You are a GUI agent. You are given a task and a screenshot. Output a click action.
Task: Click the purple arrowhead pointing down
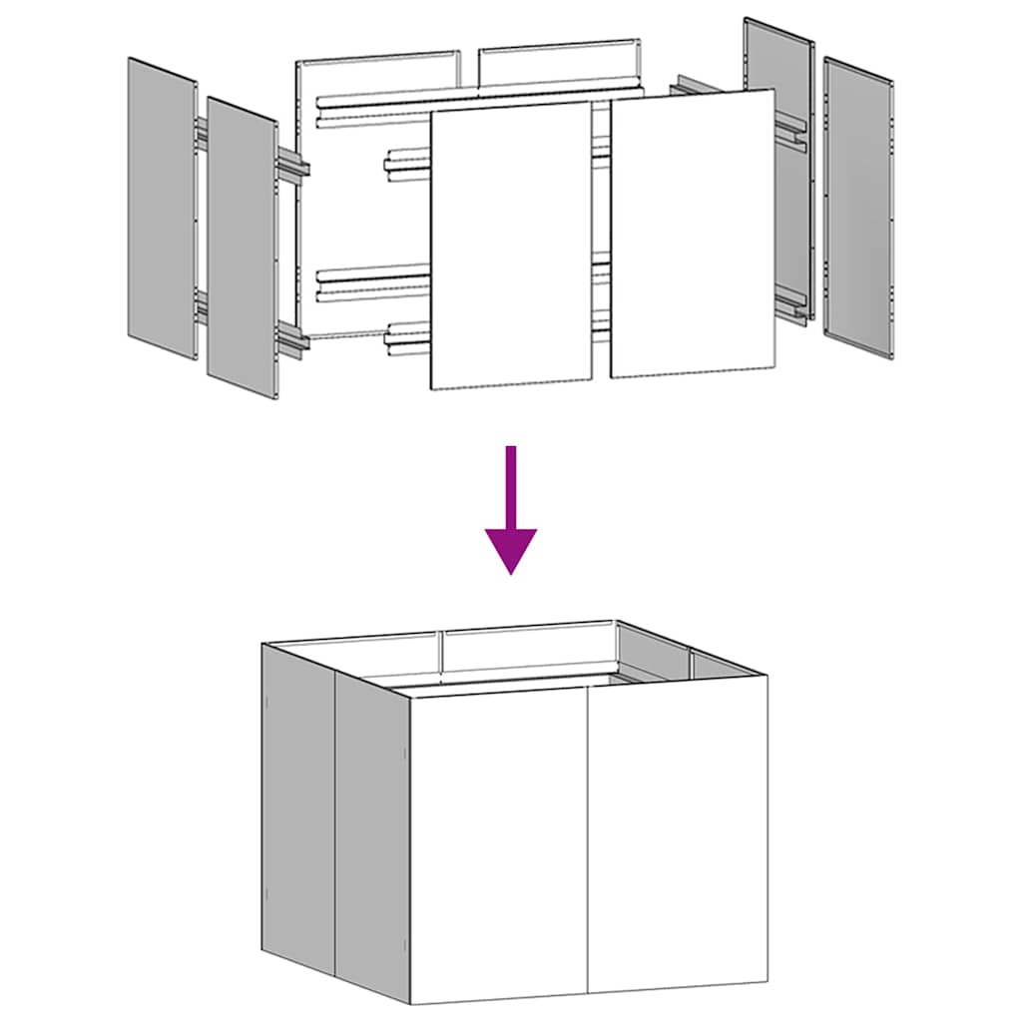pos(511,548)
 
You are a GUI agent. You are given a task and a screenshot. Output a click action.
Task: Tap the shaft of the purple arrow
pos(511,484)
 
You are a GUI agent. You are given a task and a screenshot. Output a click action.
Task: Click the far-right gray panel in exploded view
pos(858,207)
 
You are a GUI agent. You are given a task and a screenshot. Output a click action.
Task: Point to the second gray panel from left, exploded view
pos(242,248)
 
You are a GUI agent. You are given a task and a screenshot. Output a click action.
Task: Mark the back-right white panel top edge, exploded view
pos(559,47)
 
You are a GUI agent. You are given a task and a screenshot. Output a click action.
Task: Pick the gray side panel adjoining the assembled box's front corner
pos(371,838)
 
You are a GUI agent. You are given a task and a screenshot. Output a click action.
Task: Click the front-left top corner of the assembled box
pos(411,695)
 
